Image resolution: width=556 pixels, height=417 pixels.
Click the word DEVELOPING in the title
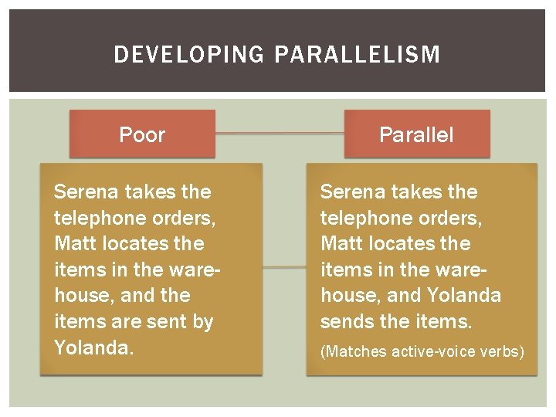[190, 55]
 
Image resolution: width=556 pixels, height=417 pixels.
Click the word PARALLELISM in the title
[357, 55]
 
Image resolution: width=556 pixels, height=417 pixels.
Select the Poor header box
[142, 134]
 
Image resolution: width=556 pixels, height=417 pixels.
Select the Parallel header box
[416, 134]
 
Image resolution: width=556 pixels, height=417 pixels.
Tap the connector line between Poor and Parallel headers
[280, 133]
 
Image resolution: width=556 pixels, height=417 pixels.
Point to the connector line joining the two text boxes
[284, 268]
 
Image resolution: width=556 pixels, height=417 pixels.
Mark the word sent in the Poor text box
[167, 321]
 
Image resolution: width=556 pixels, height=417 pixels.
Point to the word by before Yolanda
[202, 322]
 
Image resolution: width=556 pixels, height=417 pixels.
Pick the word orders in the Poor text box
[182, 218]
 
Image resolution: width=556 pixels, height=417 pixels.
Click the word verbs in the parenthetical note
[505, 352]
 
